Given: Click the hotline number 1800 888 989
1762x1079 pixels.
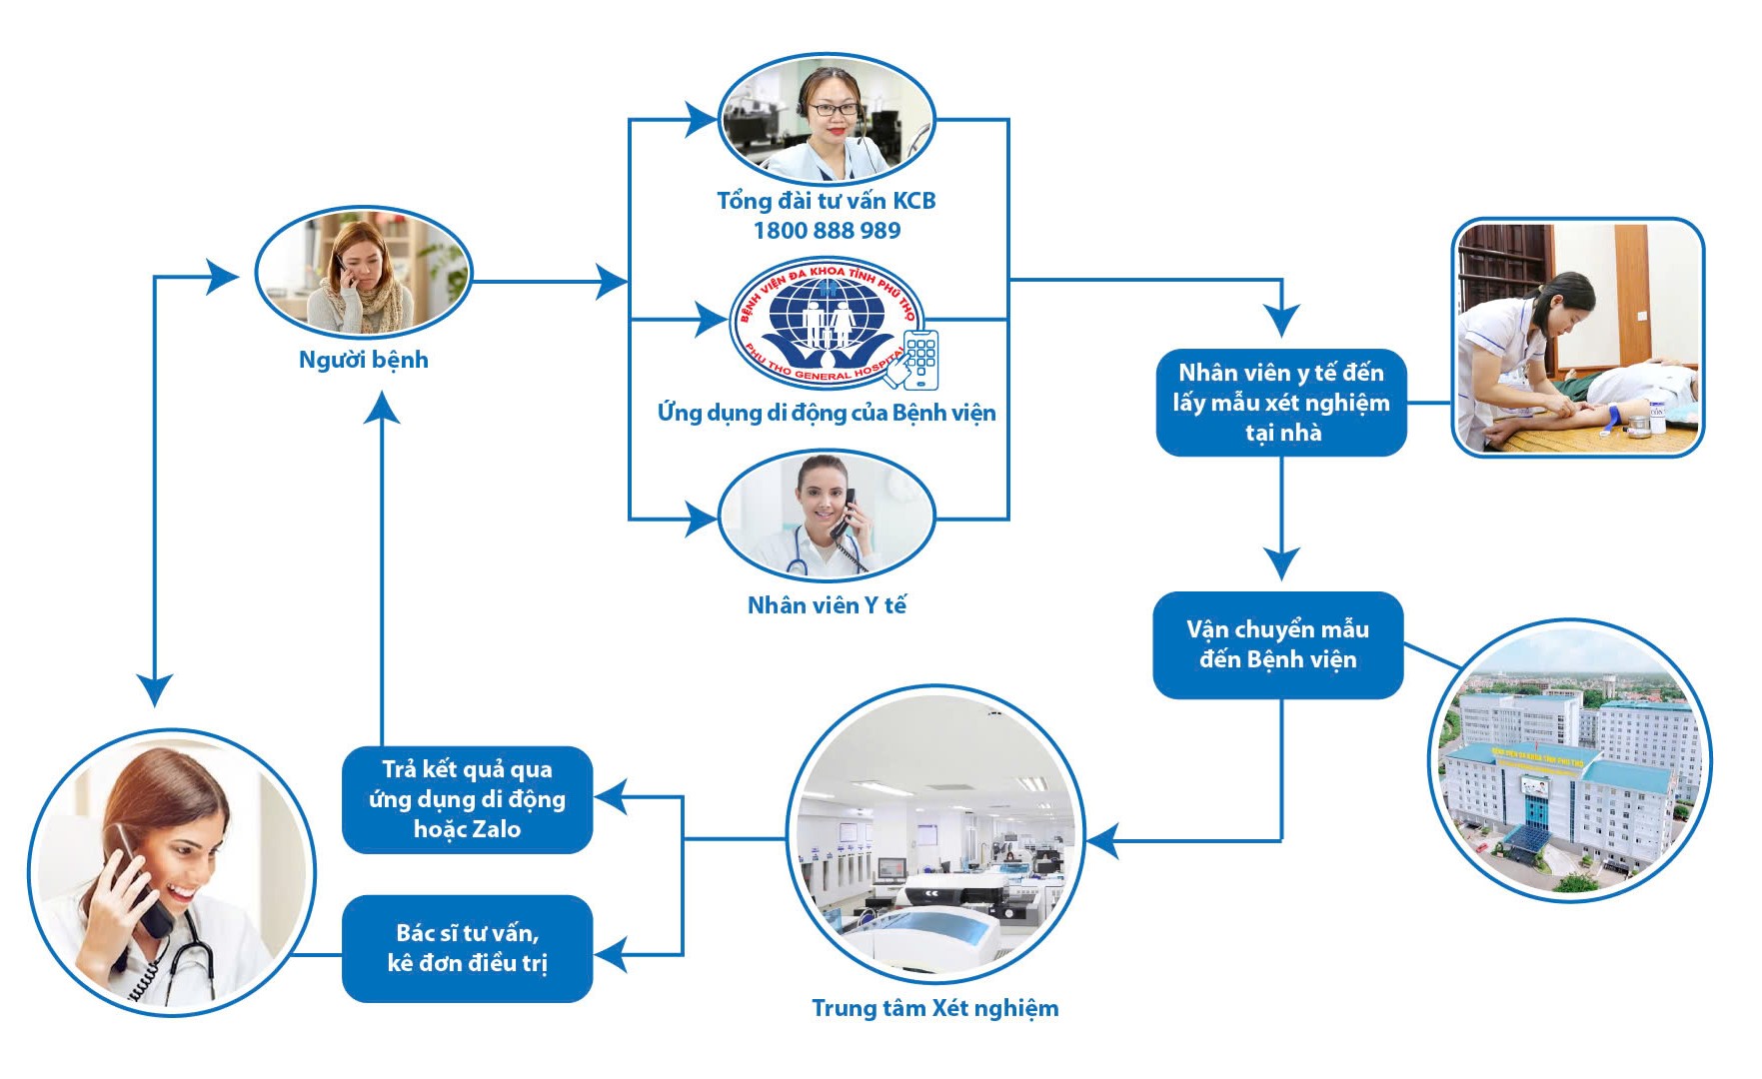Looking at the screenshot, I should pos(827,231).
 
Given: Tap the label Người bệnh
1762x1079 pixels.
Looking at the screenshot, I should pos(364,360).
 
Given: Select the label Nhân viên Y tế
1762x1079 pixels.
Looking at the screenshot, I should pos(827,605).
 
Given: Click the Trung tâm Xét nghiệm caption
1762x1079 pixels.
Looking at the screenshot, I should pos(934,1008).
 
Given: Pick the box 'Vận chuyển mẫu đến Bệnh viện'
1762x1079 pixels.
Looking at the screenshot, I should pos(1277,645).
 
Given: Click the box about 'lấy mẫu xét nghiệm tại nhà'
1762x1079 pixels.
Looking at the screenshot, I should pos(1281,403).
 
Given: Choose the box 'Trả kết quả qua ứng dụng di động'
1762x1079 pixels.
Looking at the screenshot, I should pos(467,799).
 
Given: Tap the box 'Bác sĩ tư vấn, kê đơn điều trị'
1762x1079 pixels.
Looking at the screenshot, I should pos(467,948).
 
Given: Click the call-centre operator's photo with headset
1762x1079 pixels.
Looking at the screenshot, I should pos(827,119).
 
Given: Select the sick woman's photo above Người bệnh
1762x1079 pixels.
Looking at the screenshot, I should pos(363,274).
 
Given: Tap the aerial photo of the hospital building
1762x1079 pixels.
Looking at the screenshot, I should pos(1569,761).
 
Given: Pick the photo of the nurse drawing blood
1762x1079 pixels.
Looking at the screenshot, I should pos(1577,338).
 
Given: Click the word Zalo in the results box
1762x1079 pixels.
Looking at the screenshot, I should pos(496,829).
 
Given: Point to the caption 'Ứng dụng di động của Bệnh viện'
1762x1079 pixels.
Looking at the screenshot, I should pos(827,413).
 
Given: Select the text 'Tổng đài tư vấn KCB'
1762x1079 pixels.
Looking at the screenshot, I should pos(827,201).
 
